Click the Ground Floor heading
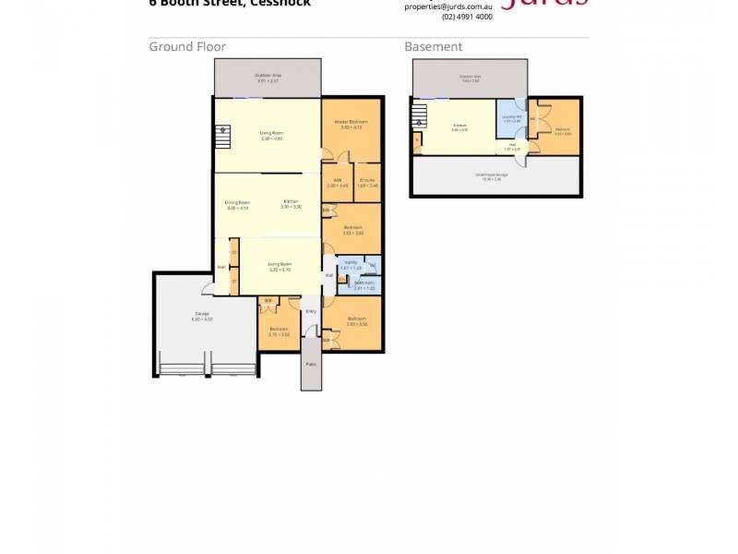pos(187,47)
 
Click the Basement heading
pos(434,47)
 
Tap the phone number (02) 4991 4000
pos(467,17)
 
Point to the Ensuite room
pos(367,183)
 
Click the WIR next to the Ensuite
pos(338,183)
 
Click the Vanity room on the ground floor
pos(351,264)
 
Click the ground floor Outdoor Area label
pos(268,77)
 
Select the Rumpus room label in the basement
pos(458,127)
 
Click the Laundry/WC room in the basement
pos(510,118)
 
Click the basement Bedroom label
pos(563,131)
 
